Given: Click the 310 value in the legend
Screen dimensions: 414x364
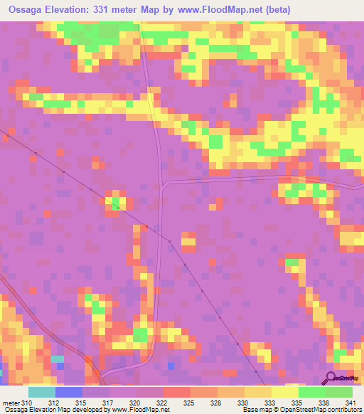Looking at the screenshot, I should point(28,402).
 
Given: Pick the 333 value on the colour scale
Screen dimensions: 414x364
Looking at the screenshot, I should point(268,402).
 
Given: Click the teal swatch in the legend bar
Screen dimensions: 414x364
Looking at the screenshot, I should point(41,392).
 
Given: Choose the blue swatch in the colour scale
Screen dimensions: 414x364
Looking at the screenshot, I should point(68,392).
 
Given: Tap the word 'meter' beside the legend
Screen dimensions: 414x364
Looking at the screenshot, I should point(11,402).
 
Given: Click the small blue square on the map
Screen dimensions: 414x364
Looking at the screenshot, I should point(171,366).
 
